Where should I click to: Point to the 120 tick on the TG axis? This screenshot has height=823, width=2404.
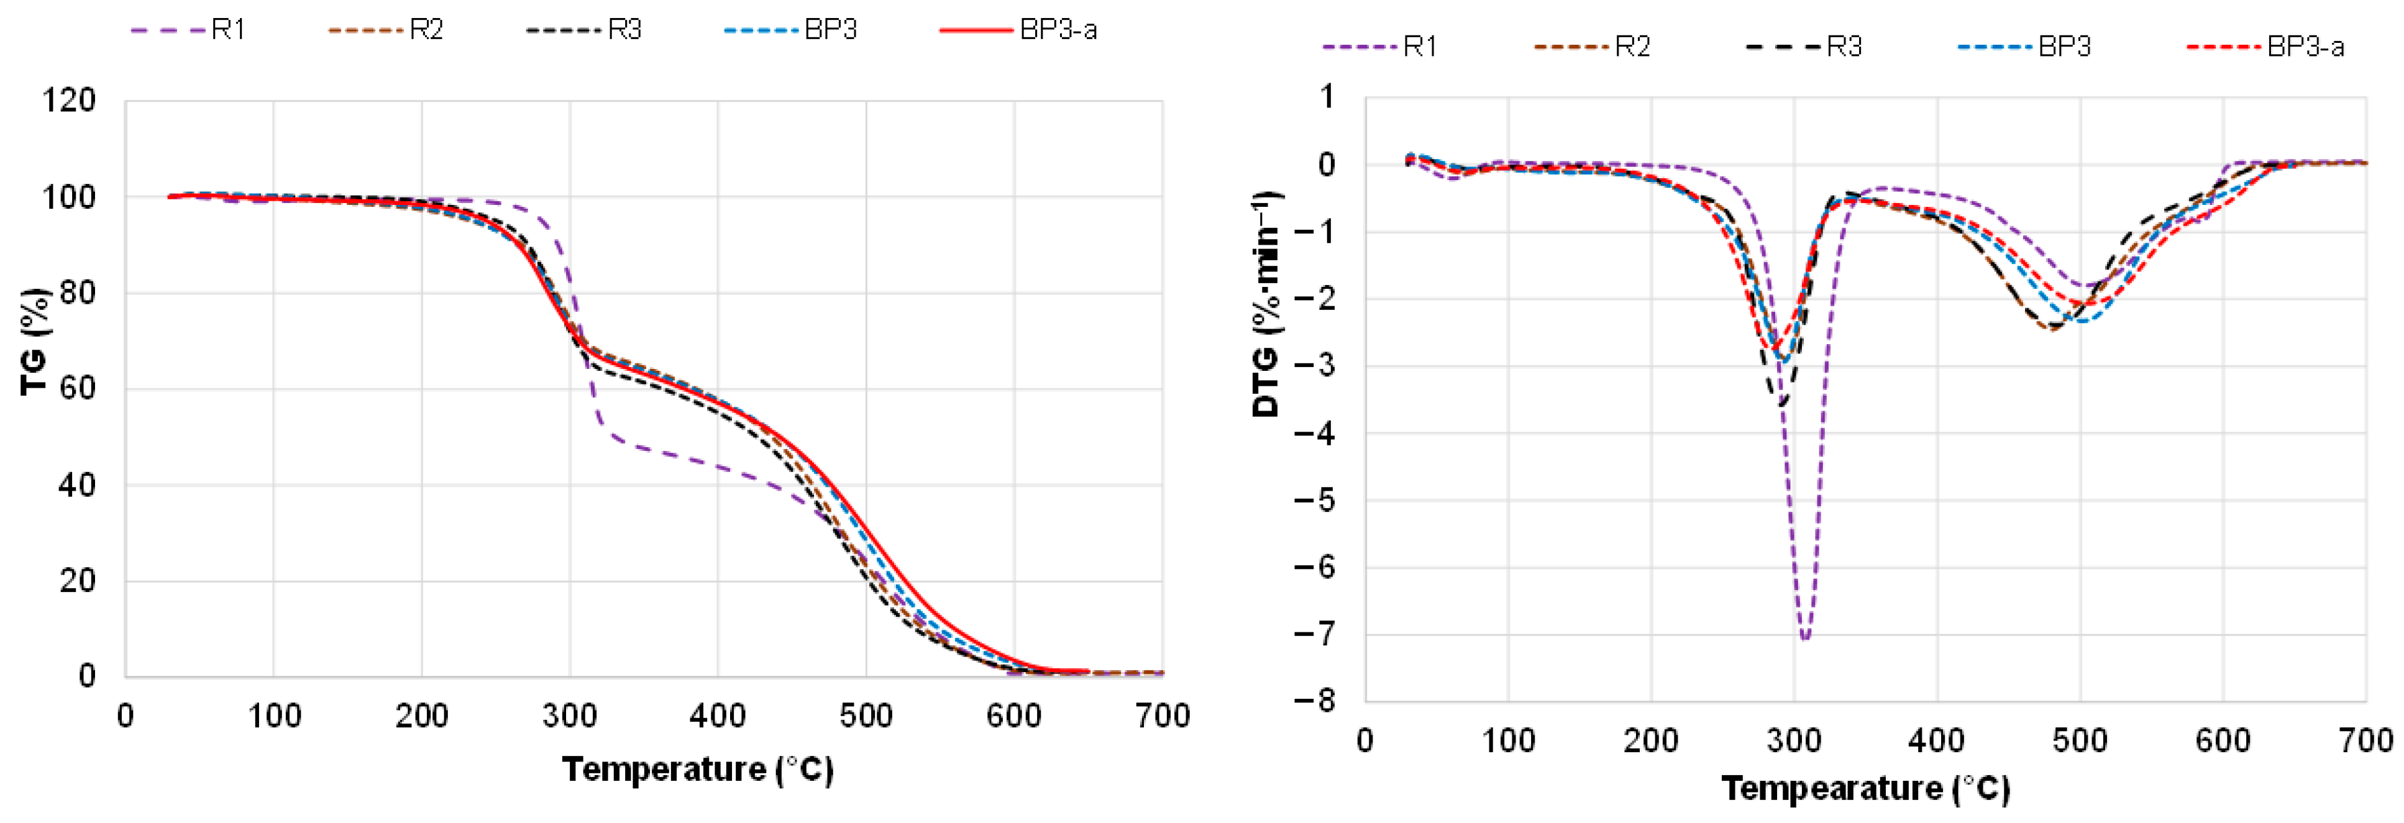[68, 100]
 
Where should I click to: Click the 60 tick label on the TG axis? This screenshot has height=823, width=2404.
[76, 388]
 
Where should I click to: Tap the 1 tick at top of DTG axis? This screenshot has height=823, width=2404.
[1326, 96]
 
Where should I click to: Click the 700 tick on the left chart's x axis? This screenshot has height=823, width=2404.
[1162, 717]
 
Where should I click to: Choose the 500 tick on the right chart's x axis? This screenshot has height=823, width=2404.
[2080, 741]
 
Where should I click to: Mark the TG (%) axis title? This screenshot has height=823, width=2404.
[35, 342]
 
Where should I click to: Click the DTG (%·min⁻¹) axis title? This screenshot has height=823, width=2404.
[1266, 304]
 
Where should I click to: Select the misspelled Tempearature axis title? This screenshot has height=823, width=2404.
[1865, 789]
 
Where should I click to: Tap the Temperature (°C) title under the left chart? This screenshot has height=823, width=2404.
[697, 770]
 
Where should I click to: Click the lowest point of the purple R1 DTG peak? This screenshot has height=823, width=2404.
[1805, 639]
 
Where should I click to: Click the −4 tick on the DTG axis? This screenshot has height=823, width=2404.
[1315, 433]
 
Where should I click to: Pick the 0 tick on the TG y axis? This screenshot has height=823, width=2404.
[87, 676]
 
